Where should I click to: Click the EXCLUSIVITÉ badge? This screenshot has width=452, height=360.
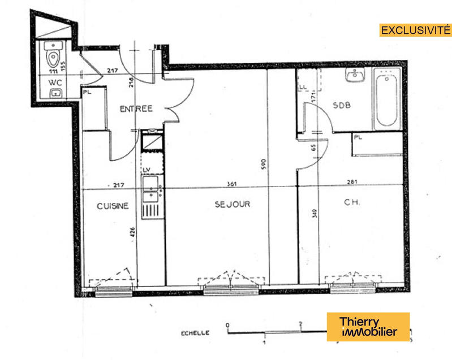(x=415, y=30)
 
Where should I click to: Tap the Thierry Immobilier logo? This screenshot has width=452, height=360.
(x=368, y=327)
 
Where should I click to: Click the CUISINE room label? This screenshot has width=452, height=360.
(x=112, y=206)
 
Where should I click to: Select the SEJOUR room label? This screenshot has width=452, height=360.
(x=232, y=204)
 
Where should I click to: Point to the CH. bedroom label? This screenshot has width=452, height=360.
(x=352, y=202)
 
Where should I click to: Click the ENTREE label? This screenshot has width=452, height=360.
(x=136, y=109)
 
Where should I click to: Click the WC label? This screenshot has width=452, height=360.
(x=54, y=83)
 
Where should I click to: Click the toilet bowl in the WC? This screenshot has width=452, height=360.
(x=53, y=57)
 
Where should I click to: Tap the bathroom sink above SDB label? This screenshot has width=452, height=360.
(x=356, y=75)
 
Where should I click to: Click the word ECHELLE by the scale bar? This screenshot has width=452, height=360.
(x=195, y=333)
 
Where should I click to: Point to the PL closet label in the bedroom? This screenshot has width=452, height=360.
(x=358, y=137)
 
